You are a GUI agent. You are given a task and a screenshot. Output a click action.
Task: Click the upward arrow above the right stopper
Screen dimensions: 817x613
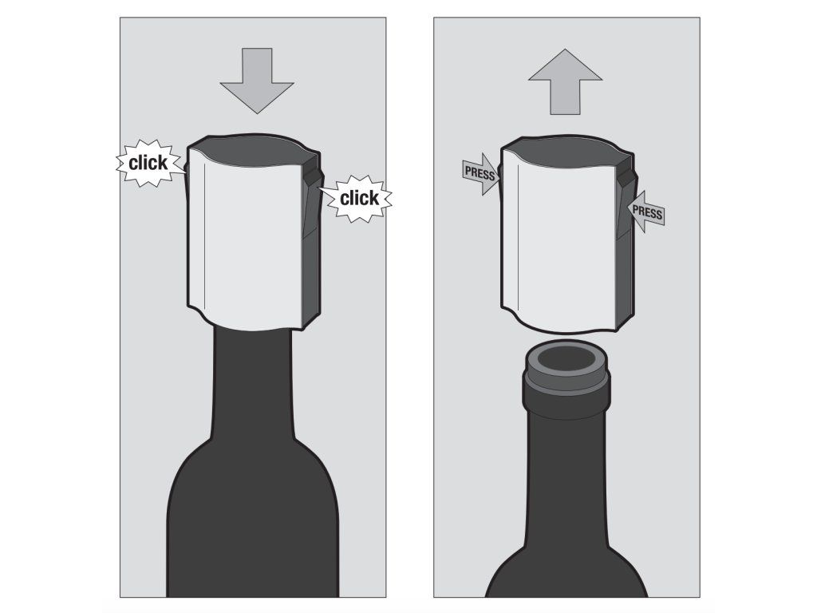click(x=566, y=82)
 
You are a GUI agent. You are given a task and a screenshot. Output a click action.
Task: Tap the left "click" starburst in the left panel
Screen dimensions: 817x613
click(x=148, y=163)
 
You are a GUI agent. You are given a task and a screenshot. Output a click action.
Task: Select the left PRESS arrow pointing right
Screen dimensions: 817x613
click(x=480, y=174)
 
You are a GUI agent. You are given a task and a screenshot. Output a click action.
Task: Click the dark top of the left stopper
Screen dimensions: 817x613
click(x=253, y=149)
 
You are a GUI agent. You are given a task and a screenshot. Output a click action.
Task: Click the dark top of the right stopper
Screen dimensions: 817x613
click(x=567, y=150)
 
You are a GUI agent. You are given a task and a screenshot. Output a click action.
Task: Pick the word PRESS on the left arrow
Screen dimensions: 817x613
click(x=480, y=173)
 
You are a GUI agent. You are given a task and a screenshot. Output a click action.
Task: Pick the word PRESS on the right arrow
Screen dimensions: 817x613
click(x=647, y=212)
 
